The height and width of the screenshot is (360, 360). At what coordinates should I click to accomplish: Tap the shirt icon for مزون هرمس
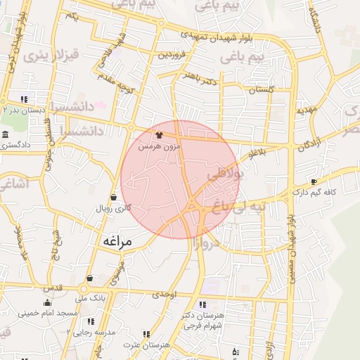[x=159, y=134]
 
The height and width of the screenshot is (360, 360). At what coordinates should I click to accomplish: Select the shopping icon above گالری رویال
[x=114, y=197]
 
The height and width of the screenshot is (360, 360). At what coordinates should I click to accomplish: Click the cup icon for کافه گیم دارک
[x=314, y=181]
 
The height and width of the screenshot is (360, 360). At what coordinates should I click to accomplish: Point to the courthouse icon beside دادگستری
[x=5, y=134]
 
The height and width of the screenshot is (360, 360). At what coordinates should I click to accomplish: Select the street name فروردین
[x=172, y=53]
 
